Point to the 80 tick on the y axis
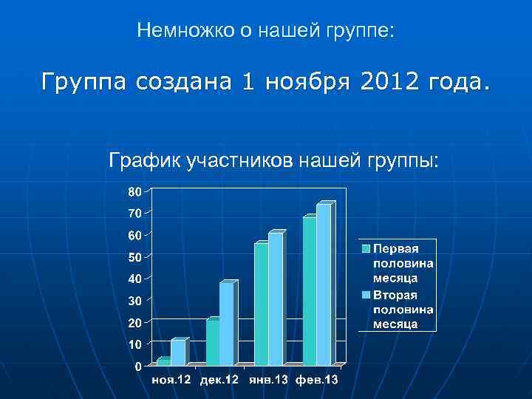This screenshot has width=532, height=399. pyautogui.click(x=134, y=191)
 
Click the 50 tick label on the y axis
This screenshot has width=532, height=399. pyautogui.click(x=134, y=257)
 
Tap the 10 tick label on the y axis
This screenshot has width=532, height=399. pyautogui.click(x=134, y=344)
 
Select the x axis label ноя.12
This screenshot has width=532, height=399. pyautogui.click(x=171, y=380)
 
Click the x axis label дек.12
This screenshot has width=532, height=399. pyautogui.click(x=219, y=380)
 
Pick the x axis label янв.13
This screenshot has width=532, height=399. pyautogui.click(x=268, y=380)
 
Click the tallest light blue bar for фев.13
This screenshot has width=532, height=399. pyautogui.click(x=324, y=284)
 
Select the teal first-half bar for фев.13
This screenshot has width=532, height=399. pyautogui.click(x=309, y=291)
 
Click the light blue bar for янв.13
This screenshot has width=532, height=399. pyautogui.click(x=275, y=299)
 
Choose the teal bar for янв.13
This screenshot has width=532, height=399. pyautogui.click(x=261, y=304)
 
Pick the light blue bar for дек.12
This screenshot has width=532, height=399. pyautogui.click(x=226, y=324)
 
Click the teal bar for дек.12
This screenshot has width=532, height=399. pyautogui.click(x=212, y=342)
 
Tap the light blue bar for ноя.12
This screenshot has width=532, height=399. pyautogui.click(x=177, y=352)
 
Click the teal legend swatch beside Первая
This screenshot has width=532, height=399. pyautogui.click(x=366, y=247)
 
